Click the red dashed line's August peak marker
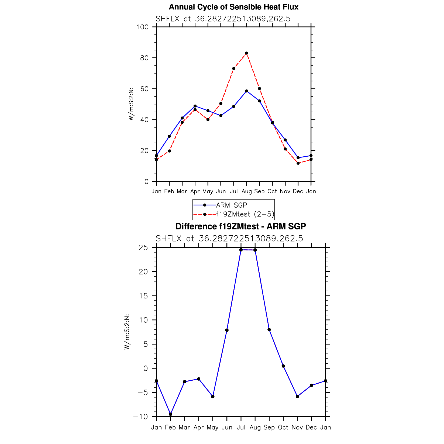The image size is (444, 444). point(246,53)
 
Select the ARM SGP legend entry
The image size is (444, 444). point(231,205)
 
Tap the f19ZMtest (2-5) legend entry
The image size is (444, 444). point(245,214)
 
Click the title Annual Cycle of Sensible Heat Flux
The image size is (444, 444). point(233,7)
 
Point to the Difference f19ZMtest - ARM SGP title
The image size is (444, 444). point(240,226)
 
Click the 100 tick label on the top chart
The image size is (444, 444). point(142,27)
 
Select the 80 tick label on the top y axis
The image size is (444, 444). point(144,58)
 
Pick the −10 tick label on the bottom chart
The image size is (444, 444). point(140,417)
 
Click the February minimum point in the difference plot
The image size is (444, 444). point(170,414)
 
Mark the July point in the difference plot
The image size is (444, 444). point(241,250)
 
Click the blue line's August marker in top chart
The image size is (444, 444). point(246,91)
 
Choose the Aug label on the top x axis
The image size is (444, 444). point(246,191)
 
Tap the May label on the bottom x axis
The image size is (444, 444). point(212,428)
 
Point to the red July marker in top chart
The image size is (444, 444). point(234,68)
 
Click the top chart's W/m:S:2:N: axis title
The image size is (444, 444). point(131,104)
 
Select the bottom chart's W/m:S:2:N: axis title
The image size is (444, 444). point(127,332)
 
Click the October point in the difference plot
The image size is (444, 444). point(283,366)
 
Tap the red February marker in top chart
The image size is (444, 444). point(169,151)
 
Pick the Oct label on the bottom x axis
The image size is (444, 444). point(283,428)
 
